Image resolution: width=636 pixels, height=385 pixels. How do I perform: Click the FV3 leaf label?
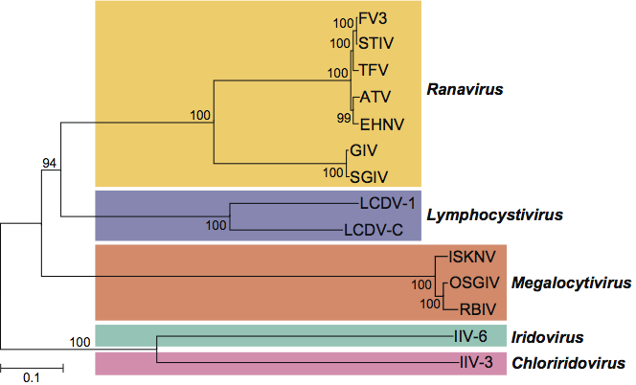coord(375,17)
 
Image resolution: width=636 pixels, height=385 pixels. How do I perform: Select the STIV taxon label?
coord(375,42)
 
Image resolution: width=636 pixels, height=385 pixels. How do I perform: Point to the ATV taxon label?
coord(374,98)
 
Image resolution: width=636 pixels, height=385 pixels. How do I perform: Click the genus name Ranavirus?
coord(465,89)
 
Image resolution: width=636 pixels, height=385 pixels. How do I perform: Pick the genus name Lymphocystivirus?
coord(493,215)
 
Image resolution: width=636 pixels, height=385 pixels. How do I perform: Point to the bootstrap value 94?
coord(50,163)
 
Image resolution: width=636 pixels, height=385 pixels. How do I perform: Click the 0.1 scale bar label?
coord(32,376)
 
